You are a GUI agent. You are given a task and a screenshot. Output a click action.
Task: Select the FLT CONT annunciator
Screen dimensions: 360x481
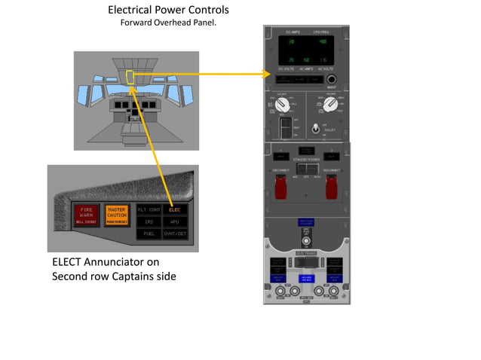(149, 209)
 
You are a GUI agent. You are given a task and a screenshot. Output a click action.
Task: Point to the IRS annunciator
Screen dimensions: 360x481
(149, 221)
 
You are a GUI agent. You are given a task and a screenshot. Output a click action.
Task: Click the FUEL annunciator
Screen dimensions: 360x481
(149, 234)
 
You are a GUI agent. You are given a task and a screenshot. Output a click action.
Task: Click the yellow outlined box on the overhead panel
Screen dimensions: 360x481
(130, 77)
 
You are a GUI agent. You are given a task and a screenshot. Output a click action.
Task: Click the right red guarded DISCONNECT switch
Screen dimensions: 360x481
(329, 191)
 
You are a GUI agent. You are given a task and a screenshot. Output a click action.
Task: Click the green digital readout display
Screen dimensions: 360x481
(306, 50)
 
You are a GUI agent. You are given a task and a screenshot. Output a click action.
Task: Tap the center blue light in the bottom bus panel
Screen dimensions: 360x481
(306, 278)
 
